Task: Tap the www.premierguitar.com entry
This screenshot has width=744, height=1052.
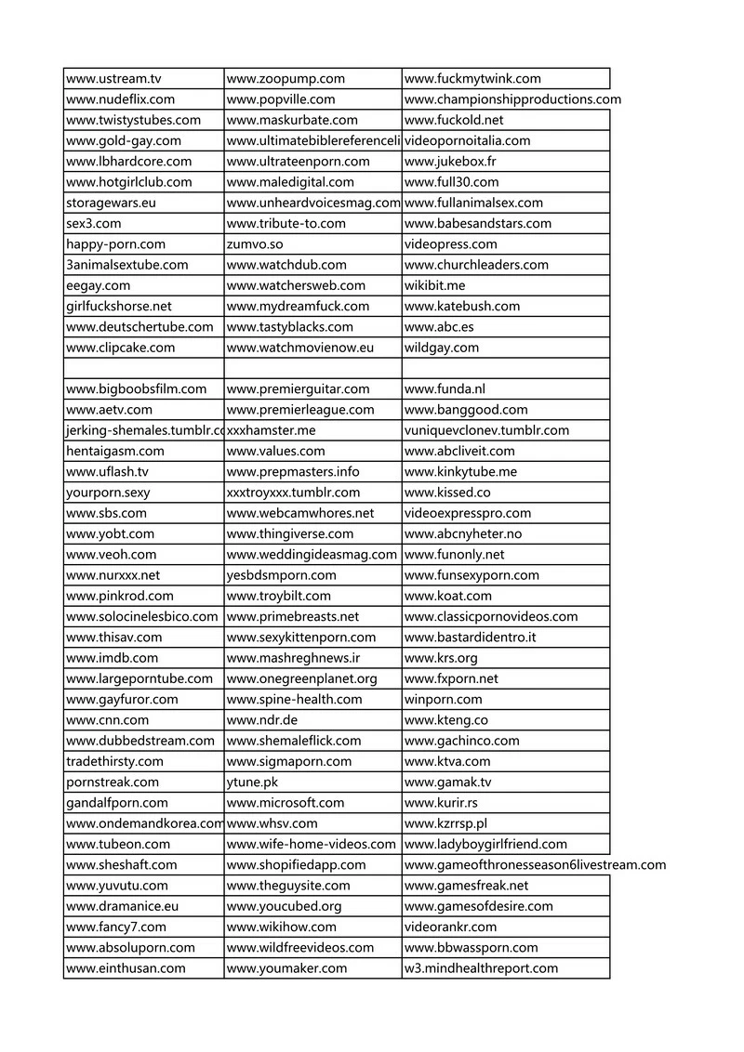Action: [298, 388]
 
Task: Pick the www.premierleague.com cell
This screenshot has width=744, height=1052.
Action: [300, 410]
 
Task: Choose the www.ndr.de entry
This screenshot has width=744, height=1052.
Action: [262, 720]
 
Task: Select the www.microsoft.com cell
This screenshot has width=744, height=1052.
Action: [286, 803]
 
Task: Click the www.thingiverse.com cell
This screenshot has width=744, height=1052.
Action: [290, 534]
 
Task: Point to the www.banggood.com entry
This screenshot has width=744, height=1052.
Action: [466, 410]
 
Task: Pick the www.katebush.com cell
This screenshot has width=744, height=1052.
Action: [462, 306]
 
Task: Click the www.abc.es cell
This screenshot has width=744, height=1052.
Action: [440, 327]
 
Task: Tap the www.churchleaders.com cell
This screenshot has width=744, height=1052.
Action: [476, 265]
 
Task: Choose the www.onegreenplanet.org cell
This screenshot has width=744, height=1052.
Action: [302, 678]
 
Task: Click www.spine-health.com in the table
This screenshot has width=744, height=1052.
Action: [295, 700]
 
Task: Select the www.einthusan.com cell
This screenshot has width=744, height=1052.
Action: [126, 968]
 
